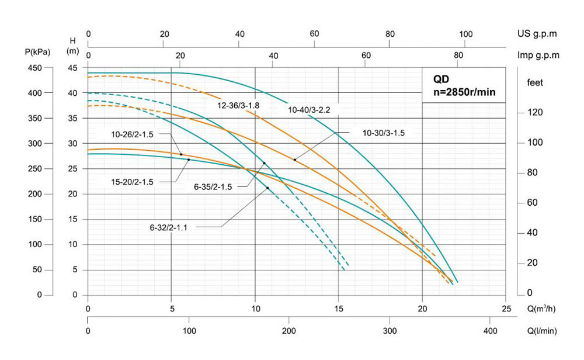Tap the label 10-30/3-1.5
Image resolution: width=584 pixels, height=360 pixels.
coord(384,133)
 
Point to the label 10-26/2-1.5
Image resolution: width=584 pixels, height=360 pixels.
coord(133,134)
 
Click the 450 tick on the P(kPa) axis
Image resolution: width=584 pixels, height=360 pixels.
coord(35,68)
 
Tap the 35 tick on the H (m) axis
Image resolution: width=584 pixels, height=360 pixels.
coord(73,119)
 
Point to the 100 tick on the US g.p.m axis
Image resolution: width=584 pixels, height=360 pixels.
coord(465,34)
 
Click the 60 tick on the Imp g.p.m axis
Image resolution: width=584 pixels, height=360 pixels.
coord(366,56)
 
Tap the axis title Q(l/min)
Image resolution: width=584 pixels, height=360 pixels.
coord(542,331)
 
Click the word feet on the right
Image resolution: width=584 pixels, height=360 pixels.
coord(534,82)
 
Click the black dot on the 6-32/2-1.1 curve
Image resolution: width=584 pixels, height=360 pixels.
coord(267,188)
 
